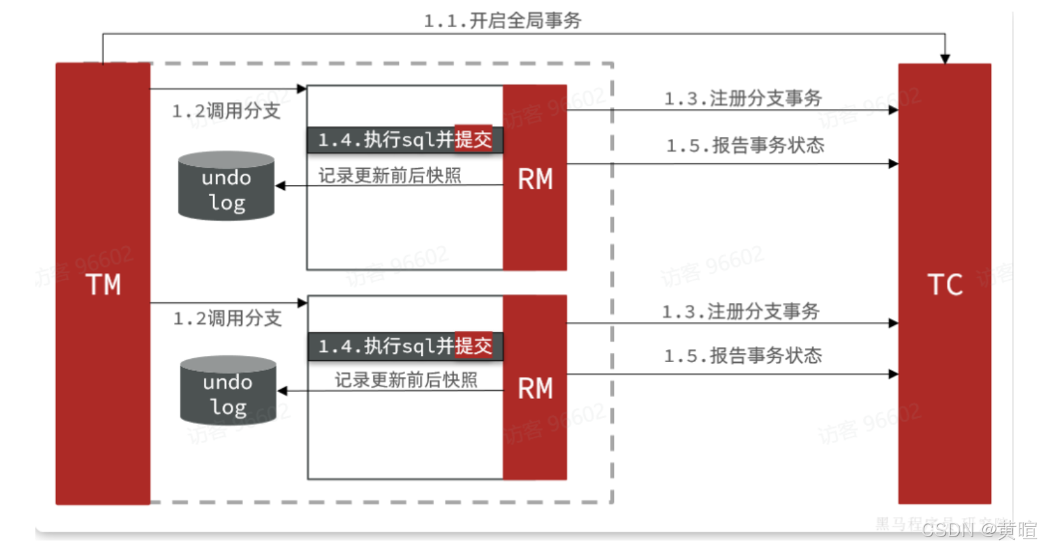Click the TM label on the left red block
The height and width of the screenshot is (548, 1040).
tap(103, 285)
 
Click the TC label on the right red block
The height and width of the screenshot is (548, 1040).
tap(945, 285)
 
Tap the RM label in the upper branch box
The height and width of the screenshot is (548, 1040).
tap(535, 179)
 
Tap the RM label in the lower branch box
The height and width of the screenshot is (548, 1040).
tap(535, 389)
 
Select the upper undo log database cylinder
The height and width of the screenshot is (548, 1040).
tap(226, 187)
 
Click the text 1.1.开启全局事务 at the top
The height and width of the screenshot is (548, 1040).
tap(502, 20)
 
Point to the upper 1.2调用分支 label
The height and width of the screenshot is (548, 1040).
tap(226, 111)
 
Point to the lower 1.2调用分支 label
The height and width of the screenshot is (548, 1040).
tap(227, 318)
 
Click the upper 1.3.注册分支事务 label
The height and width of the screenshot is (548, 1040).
tap(743, 98)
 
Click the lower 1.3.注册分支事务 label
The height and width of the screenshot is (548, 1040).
tap(741, 312)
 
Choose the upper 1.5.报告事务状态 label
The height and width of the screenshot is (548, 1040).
tap(745, 145)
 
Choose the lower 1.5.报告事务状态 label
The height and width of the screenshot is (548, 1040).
tap(743, 355)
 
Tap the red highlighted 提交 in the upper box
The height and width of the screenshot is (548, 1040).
tap(473, 140)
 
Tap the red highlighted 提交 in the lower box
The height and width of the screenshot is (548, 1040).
tap(473, 346)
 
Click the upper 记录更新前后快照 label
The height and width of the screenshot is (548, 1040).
tap(389, 176)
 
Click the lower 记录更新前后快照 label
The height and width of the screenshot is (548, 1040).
tap(406, 380)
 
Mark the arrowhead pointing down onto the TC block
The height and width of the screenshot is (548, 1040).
tap(945, 59)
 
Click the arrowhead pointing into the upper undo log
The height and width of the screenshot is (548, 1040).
tap(280, 185)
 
